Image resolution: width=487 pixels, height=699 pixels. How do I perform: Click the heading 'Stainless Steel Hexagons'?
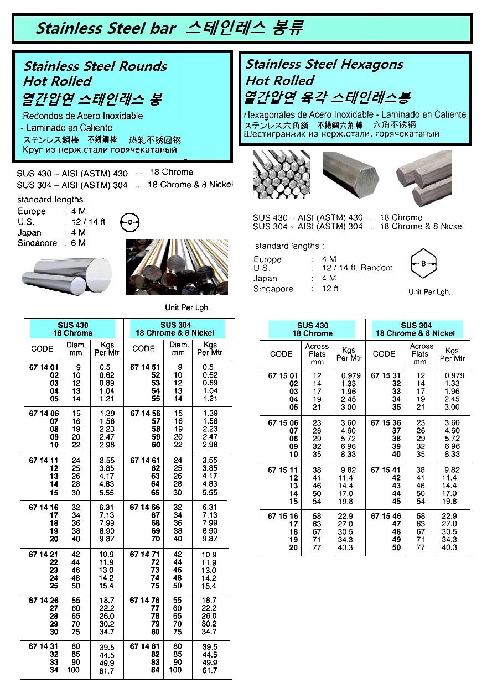point(324,64)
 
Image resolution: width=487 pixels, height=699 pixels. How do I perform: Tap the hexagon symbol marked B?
point(423,263)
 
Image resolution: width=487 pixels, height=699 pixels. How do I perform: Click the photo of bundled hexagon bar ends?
point(281,175)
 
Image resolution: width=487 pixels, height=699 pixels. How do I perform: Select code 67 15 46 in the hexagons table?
point(387,516)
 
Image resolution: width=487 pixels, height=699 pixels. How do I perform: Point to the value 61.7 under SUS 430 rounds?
point(106,671)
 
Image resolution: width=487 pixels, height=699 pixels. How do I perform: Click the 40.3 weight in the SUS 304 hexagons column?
point(452,547)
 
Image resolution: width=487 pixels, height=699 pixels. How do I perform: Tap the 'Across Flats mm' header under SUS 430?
point(317,354)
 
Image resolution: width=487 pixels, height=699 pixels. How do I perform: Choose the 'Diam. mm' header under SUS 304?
point(178,348)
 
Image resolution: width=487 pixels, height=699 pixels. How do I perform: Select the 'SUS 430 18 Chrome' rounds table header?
point(72,330)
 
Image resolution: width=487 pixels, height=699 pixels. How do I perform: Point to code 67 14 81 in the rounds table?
point(145,647)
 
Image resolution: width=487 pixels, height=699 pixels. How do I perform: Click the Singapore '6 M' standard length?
point(78,243)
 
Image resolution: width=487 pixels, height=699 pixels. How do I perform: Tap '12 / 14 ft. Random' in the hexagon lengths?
point(358,268)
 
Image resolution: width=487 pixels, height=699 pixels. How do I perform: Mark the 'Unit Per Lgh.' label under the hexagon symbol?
point(429,292)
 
